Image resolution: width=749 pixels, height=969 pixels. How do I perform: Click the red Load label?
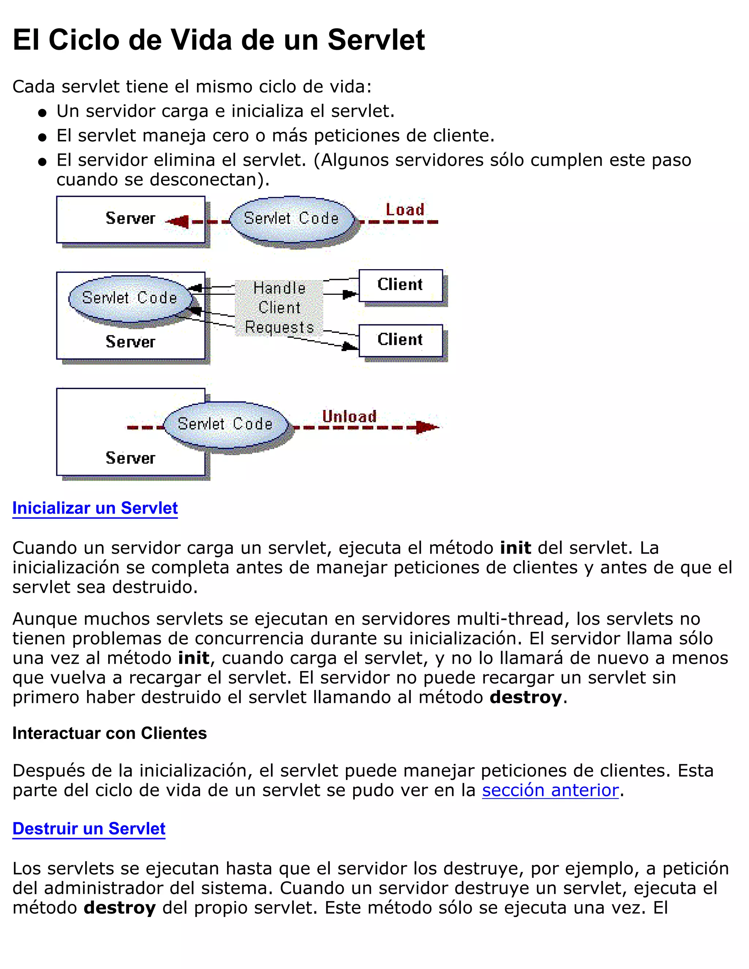point(405,210)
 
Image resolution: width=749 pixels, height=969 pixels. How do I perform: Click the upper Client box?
point(400,285)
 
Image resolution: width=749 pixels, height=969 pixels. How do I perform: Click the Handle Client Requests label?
point(279,308)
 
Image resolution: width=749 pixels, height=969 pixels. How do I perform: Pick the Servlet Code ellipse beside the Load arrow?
point(291,219)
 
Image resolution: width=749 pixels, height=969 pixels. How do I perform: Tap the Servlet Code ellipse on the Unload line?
point(225,424)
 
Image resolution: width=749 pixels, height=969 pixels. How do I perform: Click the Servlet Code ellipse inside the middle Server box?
point(129,298)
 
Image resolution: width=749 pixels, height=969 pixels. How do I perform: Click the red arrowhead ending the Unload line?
point(426,427)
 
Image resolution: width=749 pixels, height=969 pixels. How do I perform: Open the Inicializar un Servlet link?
point(95,508)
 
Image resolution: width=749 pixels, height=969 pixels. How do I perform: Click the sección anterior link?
point(550,790)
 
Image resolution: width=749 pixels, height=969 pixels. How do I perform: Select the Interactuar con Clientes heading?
point(110,734)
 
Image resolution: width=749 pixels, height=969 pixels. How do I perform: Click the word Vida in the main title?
point(202,40)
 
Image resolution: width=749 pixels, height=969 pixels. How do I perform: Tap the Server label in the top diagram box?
point(131,218)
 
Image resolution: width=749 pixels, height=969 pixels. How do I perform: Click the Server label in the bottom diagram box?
point(131,458)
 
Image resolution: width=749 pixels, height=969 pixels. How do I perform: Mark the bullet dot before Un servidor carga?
point(42,113)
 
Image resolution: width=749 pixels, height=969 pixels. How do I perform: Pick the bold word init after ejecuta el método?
point(515,548)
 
